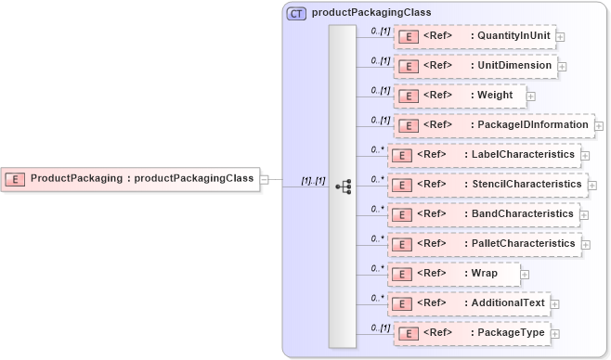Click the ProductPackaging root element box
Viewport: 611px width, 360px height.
click(x=131, y=178)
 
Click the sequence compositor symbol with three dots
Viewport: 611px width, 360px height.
click(x=343, y=186)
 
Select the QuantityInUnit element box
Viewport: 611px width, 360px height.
click(x=474, y=36)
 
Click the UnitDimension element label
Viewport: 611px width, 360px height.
click(x=513, y=66)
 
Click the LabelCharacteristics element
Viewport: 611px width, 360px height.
click(x=484, y=154)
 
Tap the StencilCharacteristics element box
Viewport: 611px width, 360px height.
click(x=487, y=185)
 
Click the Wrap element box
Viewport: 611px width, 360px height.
click(x=454, y=274)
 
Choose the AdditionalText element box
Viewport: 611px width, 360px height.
click(x=468, y=302)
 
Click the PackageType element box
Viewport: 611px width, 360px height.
click(x=471, y=332)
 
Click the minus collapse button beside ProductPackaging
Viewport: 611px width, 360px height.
click(x=264, y=179)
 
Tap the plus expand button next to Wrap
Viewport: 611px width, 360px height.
click(x=525, y=275)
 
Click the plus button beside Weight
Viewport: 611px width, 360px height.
click(x=530, y=96)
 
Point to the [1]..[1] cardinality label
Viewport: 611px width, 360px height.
click(x=313, y=180)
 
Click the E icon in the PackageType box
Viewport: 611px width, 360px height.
click(x=407, y=333)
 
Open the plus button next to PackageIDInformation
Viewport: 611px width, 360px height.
click(x=599, y=125)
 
